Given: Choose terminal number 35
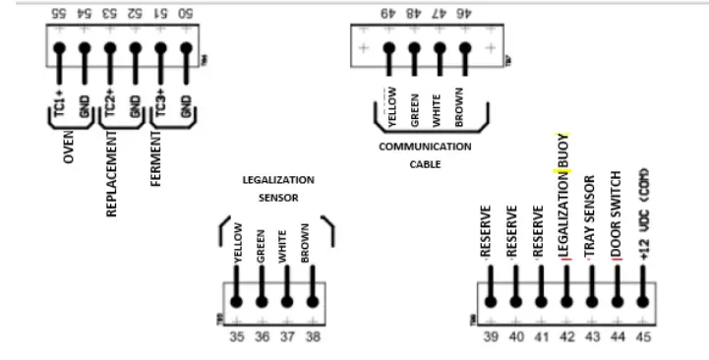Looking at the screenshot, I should (x=236, y=336).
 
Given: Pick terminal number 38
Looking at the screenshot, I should (x=313, y=336).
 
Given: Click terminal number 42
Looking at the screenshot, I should (x=565, y=336).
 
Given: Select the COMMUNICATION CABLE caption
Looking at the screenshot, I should (x=425, y=155).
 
